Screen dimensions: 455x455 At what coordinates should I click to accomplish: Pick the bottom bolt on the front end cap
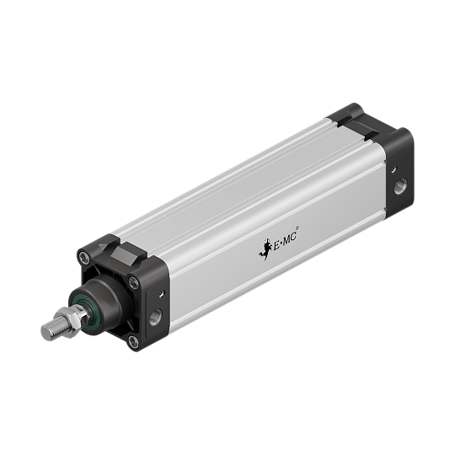[132, 340]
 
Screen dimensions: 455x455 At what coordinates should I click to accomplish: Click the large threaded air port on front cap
[155, 318]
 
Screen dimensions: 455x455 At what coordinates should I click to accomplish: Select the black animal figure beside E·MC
[264, 250]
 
